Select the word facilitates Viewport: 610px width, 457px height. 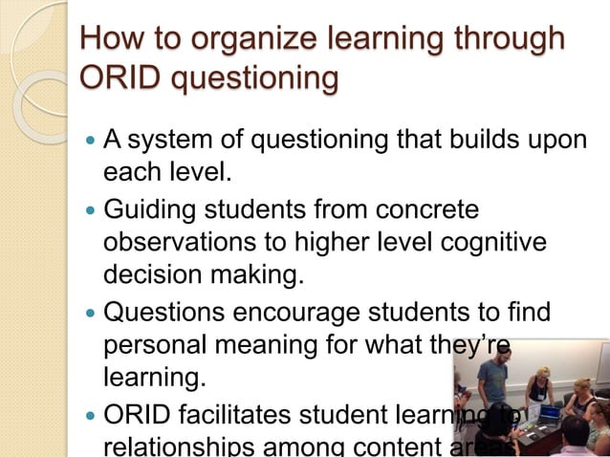pos(249,414)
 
